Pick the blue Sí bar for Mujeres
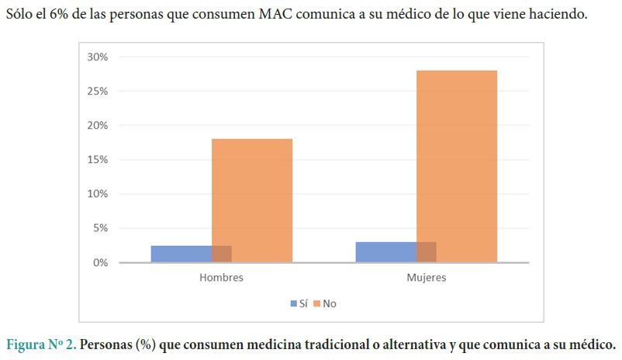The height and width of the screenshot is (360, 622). point(385,252)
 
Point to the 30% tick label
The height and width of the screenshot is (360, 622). point(97,57)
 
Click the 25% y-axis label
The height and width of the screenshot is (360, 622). point(97,91)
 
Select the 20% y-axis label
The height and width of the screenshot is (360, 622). point(97,125)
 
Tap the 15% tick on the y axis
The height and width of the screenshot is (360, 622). point(97,160)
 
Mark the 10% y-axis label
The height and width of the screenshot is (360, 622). point(97,194)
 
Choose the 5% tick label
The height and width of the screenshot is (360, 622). point(100,228)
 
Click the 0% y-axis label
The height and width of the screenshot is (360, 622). point(100,262)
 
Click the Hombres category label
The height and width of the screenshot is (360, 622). point(221,278)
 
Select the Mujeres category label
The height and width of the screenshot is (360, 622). point(427,278)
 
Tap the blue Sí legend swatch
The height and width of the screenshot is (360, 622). point(294,304)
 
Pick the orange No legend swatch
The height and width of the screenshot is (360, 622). point(318,304)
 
